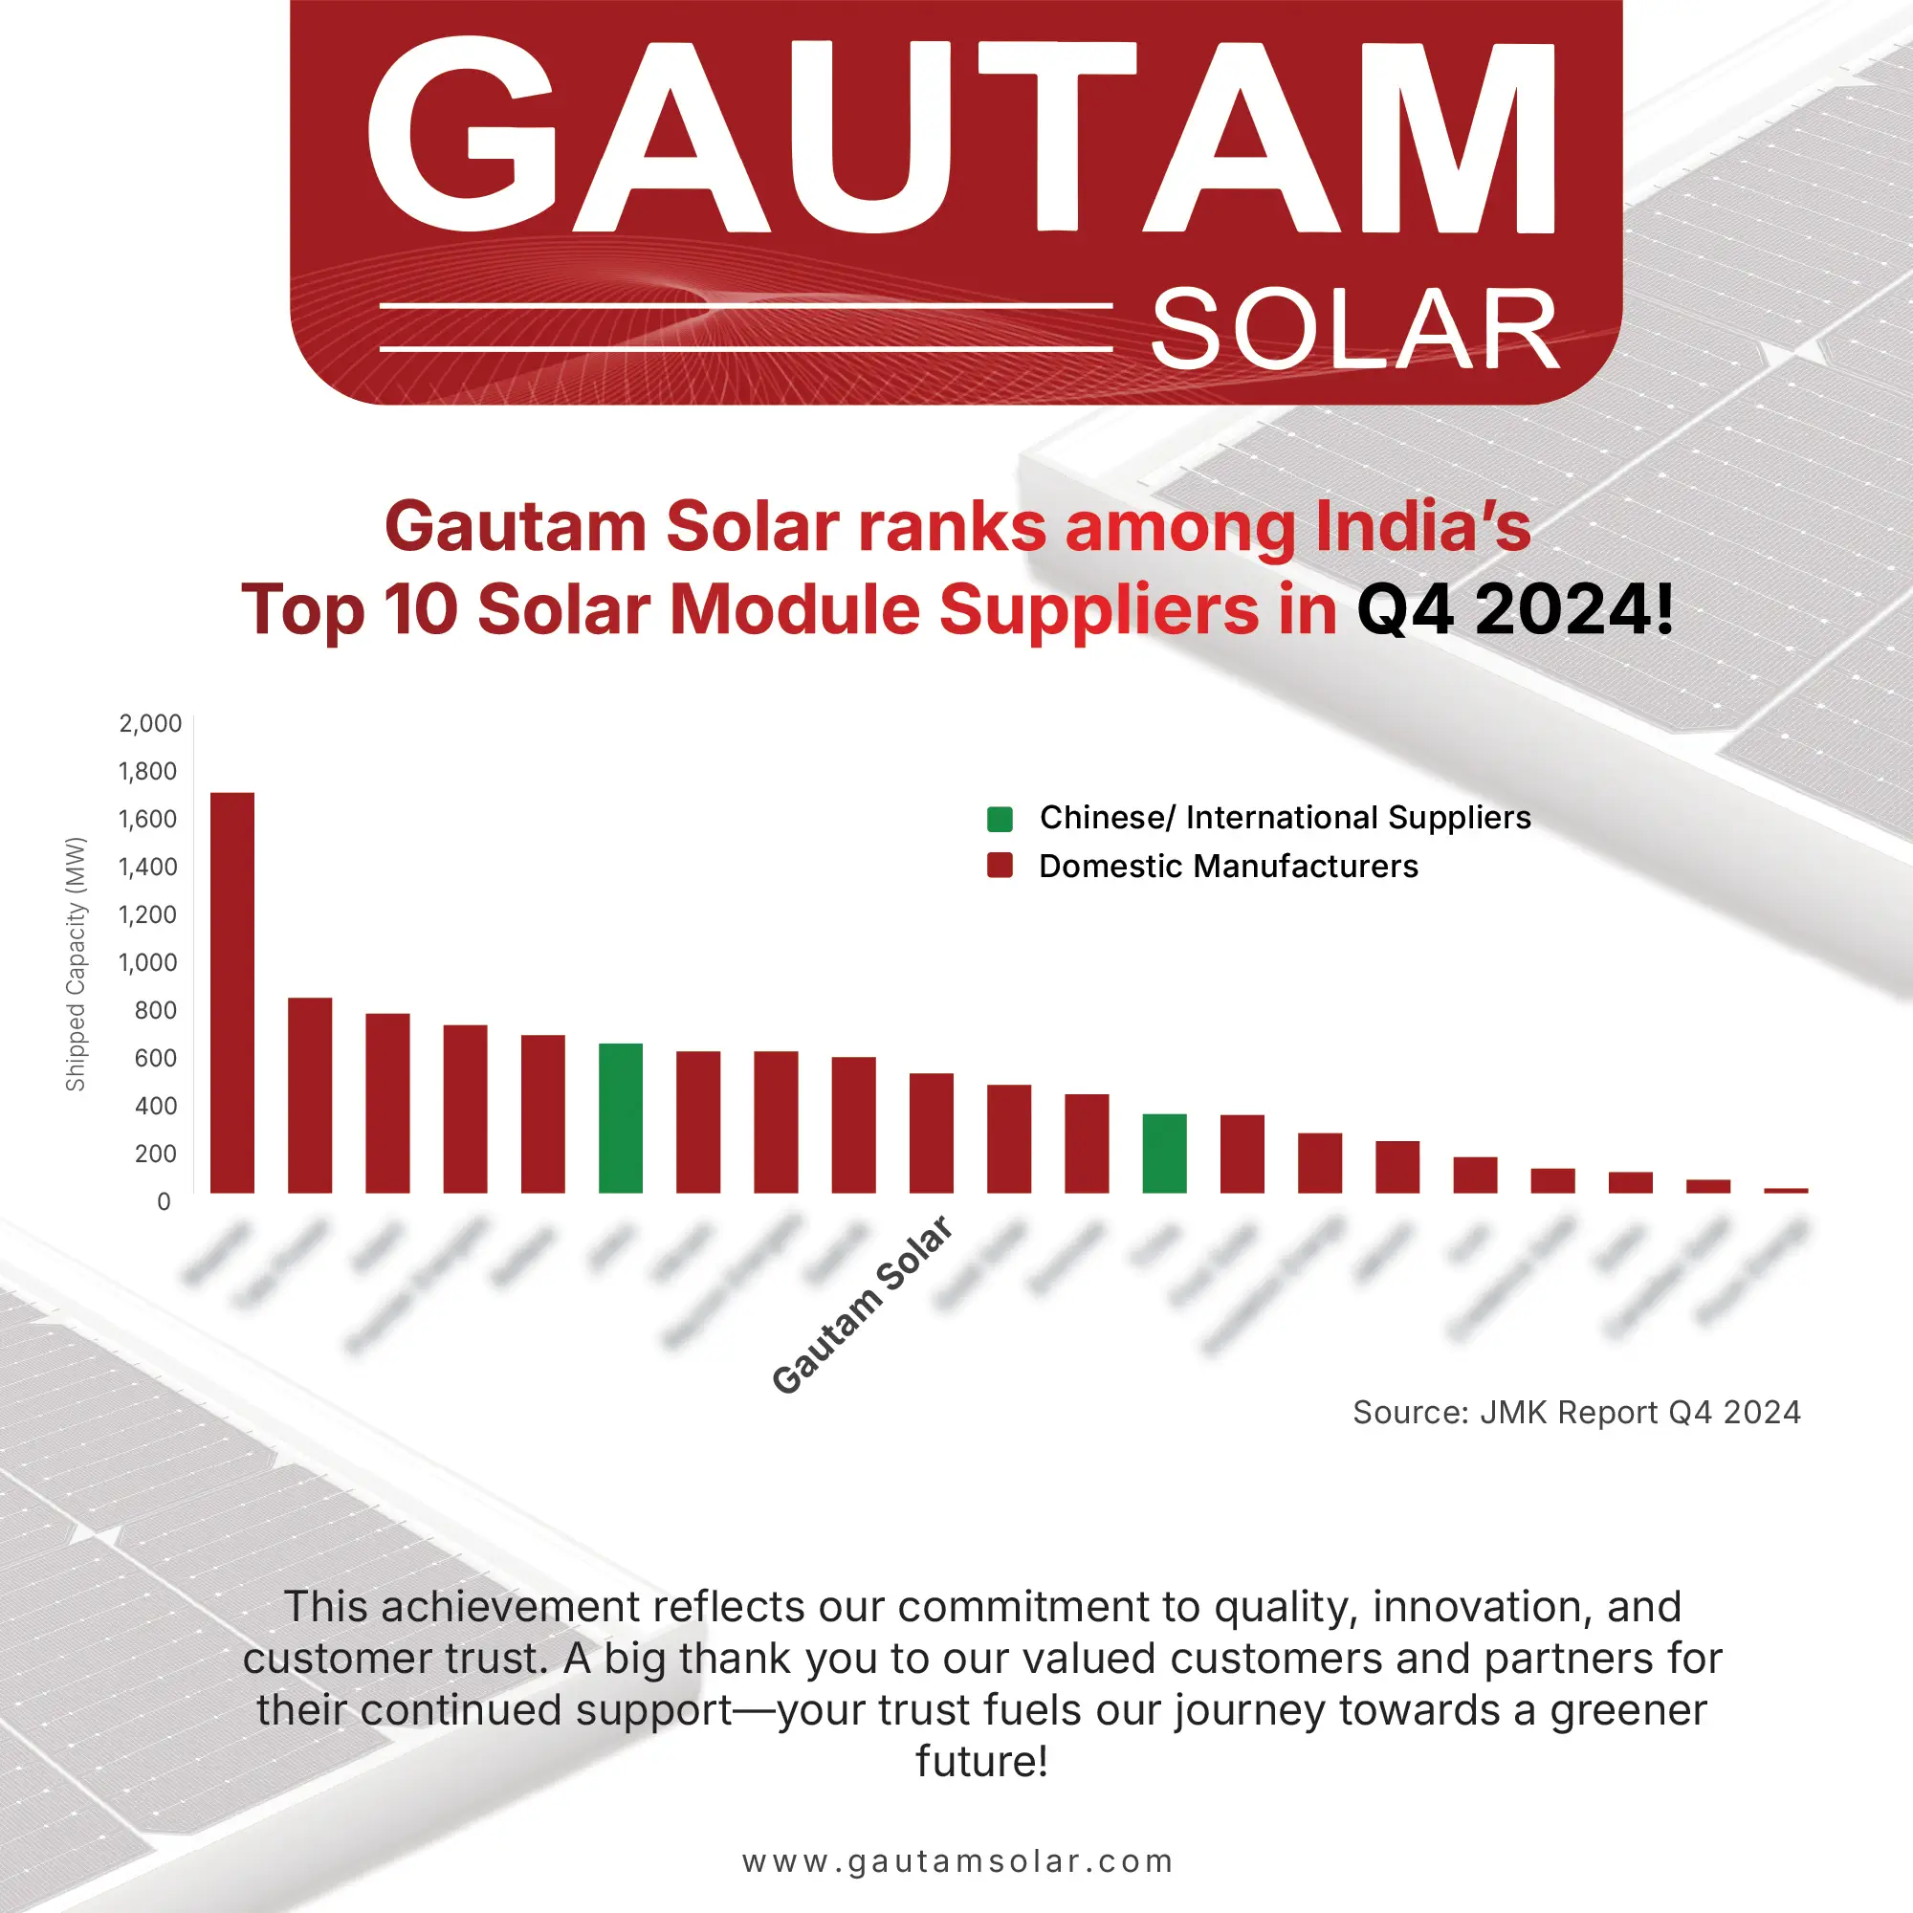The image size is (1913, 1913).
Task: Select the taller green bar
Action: (621, 1118)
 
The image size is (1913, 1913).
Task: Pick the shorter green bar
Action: (1164, 1154)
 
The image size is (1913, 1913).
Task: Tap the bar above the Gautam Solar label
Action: (932, 1132)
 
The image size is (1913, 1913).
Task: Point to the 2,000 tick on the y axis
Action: (150, 724)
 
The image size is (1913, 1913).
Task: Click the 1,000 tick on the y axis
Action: (148, 962)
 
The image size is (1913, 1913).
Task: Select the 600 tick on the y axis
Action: (156, 1059)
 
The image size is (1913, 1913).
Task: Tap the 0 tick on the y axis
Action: (165, 1202)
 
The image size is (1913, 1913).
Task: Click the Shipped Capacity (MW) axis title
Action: (77, 964)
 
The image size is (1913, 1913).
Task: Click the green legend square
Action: (1000, 819)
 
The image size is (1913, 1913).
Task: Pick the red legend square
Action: (1000, 867)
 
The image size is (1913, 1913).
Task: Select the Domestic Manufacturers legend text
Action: (1228, 867)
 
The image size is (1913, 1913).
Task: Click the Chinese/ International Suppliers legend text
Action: (1285, 818)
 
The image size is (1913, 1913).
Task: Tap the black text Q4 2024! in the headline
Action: (1514, 610)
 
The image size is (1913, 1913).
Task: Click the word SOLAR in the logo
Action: (1354, 331)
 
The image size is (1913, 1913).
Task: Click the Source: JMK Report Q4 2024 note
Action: (1576, 1412)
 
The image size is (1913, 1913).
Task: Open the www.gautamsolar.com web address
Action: (956, 1861)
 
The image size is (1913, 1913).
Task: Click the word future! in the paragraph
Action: (981, 1762)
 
